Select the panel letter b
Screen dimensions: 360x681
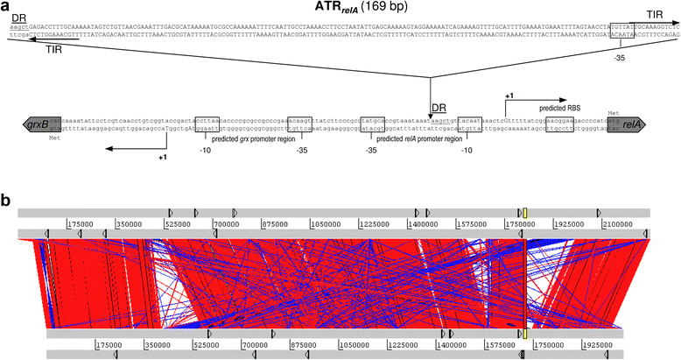coord(6,201)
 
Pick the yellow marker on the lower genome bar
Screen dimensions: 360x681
coord(524,334)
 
